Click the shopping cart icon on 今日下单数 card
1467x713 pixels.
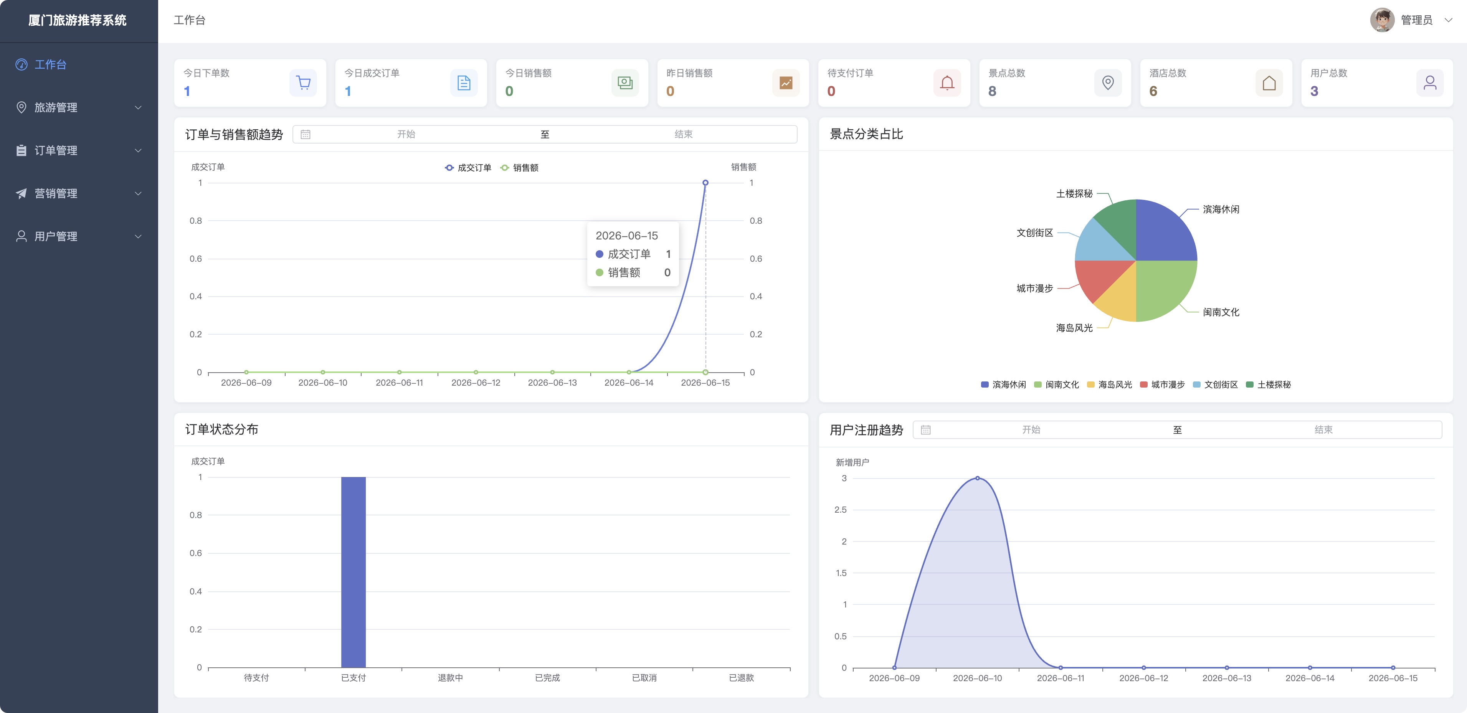point(304,83)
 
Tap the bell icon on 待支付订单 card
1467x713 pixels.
point(947,83)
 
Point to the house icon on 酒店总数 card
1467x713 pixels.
point(1269,83)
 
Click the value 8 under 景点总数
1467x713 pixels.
point(992,91)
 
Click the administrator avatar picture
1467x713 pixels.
point(1382,20)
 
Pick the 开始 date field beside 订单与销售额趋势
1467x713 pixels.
point(406,134)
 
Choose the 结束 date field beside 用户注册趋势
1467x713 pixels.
point(1323,430)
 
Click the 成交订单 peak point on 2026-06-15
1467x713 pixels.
point(705,183)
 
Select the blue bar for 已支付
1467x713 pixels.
point(353,572)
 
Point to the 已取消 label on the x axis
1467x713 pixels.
point(644,678)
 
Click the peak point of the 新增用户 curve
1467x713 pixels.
point(977,479)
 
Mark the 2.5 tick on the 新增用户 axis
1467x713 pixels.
point(841,510)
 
